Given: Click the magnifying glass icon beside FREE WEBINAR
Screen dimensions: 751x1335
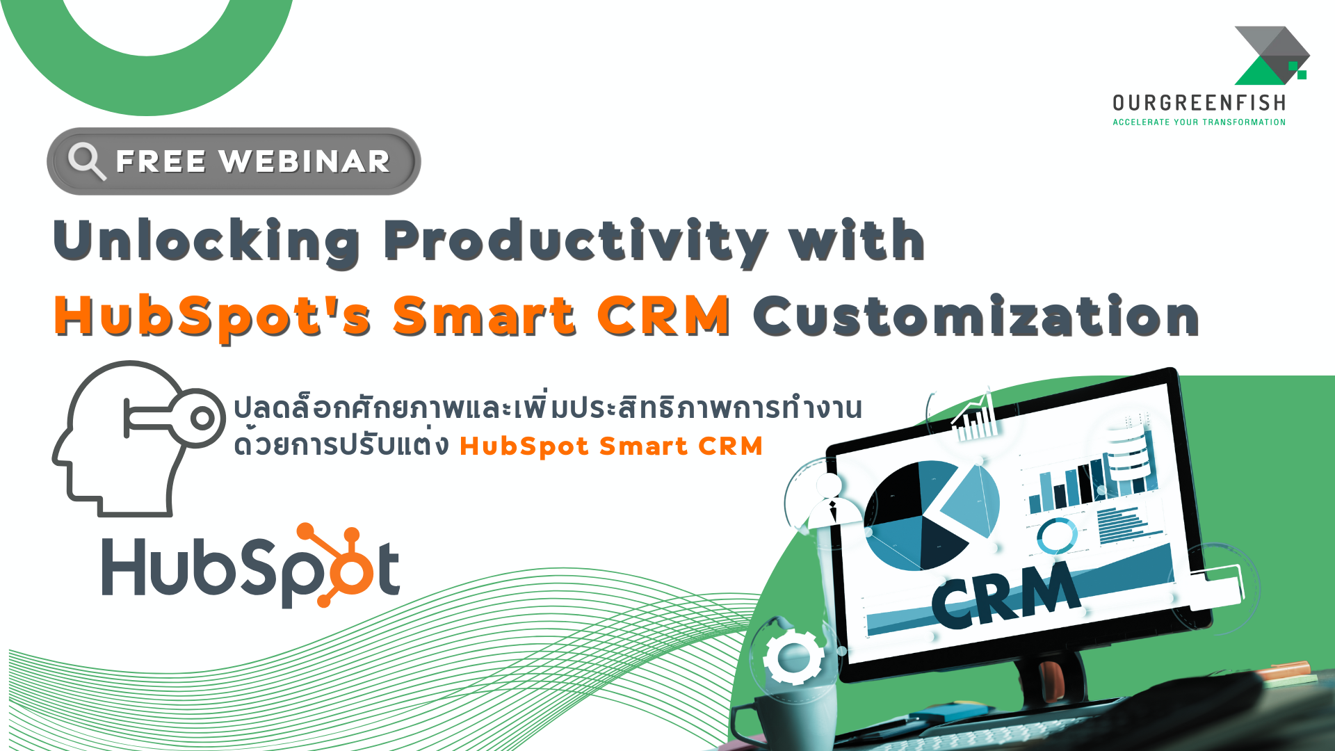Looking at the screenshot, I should point(86,161).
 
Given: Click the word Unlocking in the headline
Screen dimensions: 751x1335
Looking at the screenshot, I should point(206,241).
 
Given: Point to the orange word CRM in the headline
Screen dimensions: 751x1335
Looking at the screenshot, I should point(663,316).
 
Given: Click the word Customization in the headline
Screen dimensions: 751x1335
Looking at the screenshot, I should point(976,316).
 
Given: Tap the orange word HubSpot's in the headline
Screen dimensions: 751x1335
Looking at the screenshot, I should point(212,316).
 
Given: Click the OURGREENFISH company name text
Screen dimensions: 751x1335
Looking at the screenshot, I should point(1199,104).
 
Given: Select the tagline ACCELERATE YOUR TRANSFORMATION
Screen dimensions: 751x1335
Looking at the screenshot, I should point(1199,122).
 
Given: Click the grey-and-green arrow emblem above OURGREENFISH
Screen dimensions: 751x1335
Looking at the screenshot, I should point(1271,56).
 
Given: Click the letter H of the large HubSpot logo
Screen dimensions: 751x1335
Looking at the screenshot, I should point(124,567).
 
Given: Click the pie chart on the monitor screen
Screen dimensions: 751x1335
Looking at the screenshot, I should point(928,515).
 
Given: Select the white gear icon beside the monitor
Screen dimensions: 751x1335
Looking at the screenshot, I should point(793,656).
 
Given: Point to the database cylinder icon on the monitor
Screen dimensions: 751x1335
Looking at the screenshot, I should point(1128,452).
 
